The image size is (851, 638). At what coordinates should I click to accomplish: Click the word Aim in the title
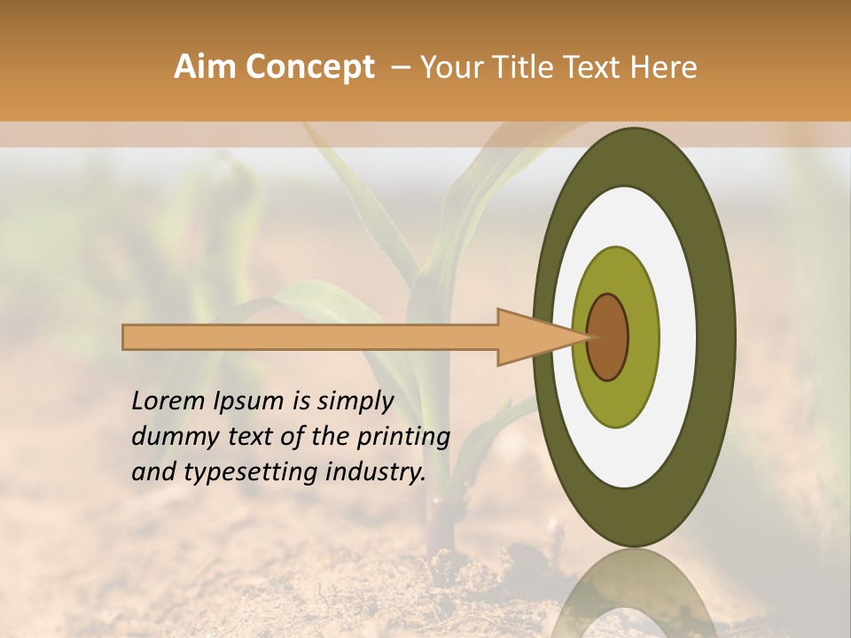click(205, 67)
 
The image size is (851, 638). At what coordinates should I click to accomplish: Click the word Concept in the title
click(308, 67)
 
